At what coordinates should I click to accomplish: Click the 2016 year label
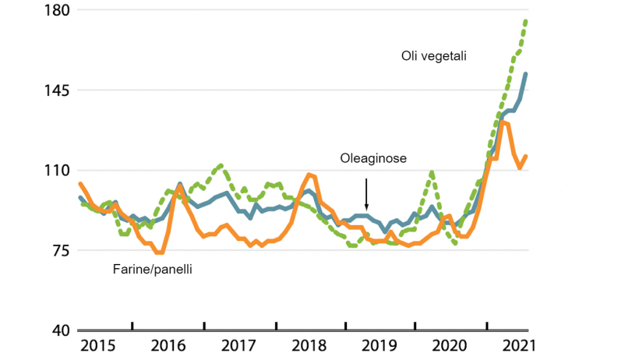pos(168,345)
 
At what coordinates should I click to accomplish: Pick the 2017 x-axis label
pos(239,345)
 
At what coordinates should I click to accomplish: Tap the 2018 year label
pos(310,345)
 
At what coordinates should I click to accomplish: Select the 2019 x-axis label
pos(381,345)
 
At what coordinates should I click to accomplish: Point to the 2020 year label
pos(451,345)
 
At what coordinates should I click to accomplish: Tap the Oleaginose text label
pos(373,158)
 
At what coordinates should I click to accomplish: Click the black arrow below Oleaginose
pos(366,192)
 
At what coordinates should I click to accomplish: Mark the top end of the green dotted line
pos(526,20)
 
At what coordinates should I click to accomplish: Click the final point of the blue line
pos(526,74)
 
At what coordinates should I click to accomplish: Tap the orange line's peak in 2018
pos(310,175)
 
